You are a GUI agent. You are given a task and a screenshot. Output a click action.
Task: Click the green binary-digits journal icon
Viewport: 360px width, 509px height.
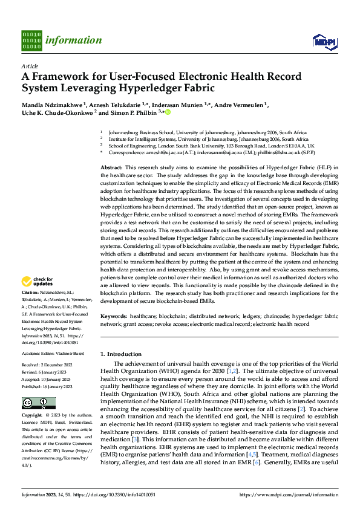tap(31, 40)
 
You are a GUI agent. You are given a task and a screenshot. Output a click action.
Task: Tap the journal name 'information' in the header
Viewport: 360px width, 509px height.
tap(73, 41)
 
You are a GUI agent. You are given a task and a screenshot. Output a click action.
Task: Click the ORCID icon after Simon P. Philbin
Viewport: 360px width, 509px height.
tap(168, 112)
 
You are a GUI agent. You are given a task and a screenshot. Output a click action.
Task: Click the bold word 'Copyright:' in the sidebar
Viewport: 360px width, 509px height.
tap(33, 416)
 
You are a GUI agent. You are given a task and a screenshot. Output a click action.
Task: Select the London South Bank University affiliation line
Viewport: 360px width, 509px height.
tap(211, 146)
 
